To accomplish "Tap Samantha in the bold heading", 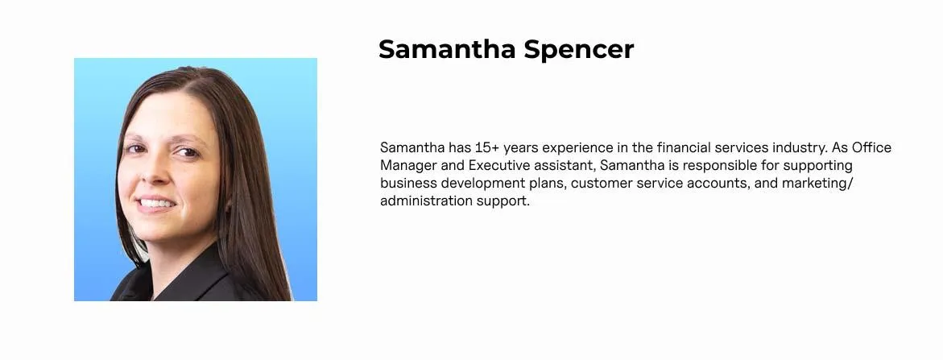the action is pos(447,49).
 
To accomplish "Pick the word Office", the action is pos(871,147).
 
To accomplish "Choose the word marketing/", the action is pos(817,184).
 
